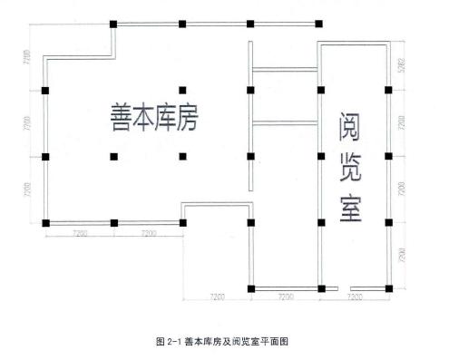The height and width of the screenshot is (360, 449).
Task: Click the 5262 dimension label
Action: pyautogui.click(x=400, y=67)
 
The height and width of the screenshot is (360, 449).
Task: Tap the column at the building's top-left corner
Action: pyautogui.click(x=113, y=24)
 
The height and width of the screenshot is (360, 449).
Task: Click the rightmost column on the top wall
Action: pyautogui.click(x=319, y=24)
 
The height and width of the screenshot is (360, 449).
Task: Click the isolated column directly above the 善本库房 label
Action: pyautogui.click(x=182, y=91)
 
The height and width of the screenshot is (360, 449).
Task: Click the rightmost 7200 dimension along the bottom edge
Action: pyautogui.click(x=354, y=298)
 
